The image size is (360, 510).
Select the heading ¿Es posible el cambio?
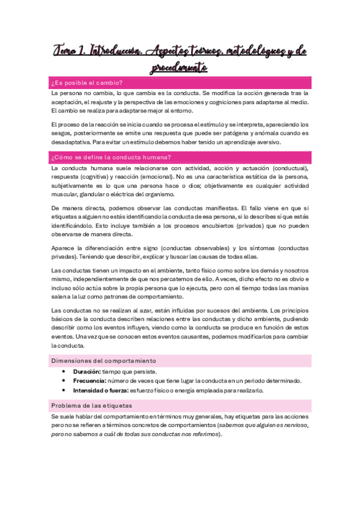[x=87, y=82]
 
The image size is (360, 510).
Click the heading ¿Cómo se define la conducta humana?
[x=111, y=158]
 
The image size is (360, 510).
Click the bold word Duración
[x=86, y=372]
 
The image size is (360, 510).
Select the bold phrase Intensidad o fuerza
[x=100, y=390]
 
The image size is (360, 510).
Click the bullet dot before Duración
[x=63, y=372]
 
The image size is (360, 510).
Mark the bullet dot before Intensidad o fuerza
[x=63, y=390]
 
